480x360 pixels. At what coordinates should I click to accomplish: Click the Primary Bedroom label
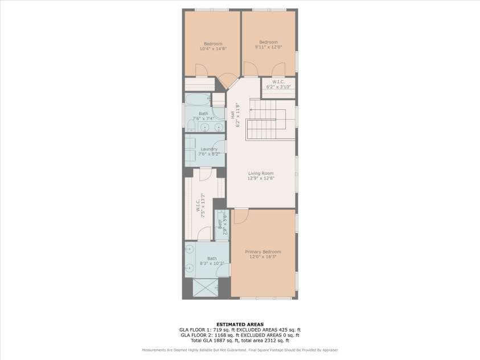[x=262, y=252]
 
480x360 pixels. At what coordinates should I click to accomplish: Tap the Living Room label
[x=260, y=173]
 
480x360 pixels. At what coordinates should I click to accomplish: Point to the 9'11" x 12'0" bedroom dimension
[x=268, y=47]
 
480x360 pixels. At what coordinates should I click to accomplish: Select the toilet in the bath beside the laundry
[x=189, y=126]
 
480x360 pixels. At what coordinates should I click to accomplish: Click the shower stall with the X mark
[x=206, y=288]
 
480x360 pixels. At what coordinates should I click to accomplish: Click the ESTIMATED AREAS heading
[x=239, y=324]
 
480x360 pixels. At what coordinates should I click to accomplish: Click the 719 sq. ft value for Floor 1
[x=218, y=329]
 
